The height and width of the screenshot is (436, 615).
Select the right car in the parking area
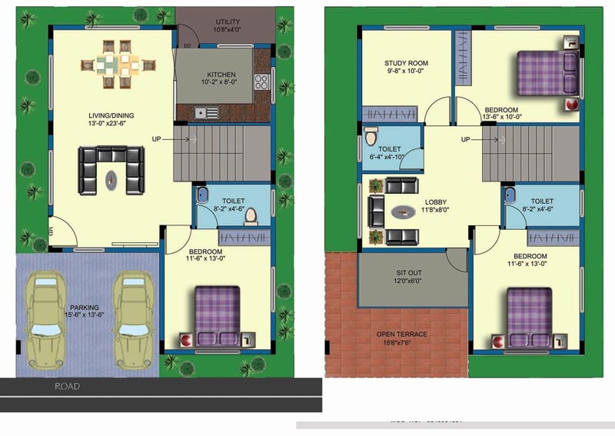coord(130,319)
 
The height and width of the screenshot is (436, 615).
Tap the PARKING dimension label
coord(85,311)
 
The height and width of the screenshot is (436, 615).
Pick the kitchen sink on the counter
coord(206,112)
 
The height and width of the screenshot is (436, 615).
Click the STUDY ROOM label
coord(406,63)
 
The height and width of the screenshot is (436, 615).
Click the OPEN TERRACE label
coord(401,334)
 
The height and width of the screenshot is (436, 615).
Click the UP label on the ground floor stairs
coord(157,139)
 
